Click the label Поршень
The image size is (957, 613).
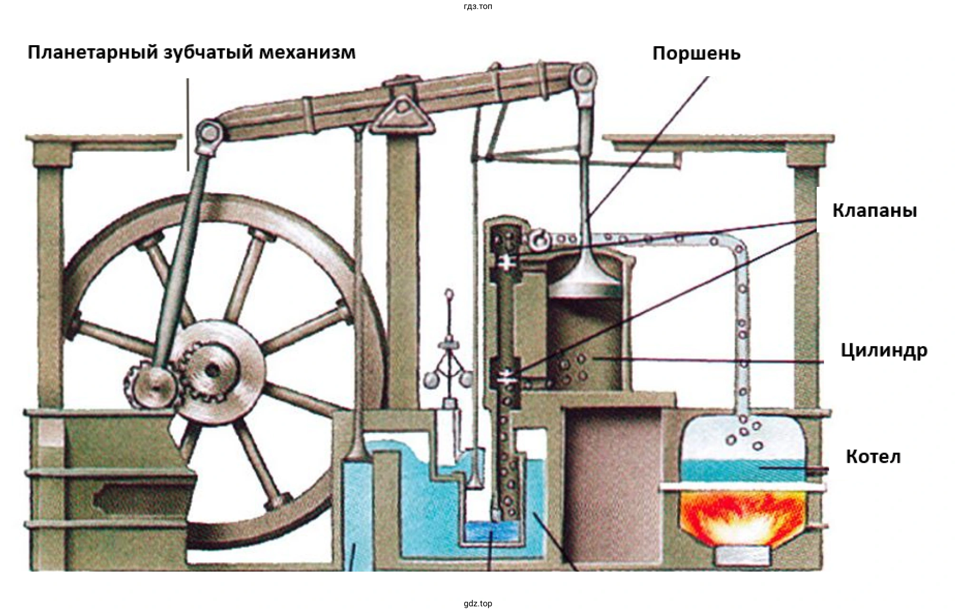(x=696, y=53)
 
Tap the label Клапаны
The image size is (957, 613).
(x=874, y=210)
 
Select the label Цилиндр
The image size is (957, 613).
(x=884, y=350)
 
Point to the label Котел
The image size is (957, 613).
(x=873, y=457)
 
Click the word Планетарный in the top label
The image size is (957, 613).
(x=93, y=52)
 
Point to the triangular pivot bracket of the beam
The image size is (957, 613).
(x=402, y=114)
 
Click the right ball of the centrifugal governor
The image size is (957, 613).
(x=466, y=379)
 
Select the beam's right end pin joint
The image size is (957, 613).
(x=584, y=77)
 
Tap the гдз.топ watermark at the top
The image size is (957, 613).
(x=478, y=6)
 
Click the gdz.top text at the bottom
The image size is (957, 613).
(x=478, y=603)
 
